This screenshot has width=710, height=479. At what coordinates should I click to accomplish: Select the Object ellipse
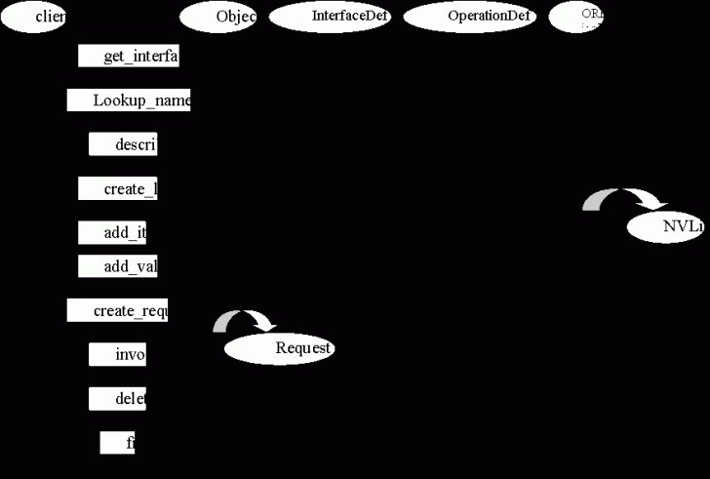[218, 17]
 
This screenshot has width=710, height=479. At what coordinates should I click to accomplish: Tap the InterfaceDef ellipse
[330, 17]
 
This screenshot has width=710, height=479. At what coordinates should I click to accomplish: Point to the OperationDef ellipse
[469, 17]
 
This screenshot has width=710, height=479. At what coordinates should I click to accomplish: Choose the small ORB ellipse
[576, 17]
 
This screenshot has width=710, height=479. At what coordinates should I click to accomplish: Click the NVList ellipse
[665, 226]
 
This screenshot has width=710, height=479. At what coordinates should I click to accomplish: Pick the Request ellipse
[280, 348]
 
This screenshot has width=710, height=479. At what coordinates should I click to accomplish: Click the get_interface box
[129, 57]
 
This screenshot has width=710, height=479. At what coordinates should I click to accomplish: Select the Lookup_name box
[129, 100]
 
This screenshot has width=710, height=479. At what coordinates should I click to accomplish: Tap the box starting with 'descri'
[123, 145]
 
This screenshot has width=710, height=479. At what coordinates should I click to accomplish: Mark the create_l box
[118, 188]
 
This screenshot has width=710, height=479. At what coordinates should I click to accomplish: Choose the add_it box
[112, 233]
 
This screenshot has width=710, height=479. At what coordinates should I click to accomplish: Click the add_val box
[118, 266]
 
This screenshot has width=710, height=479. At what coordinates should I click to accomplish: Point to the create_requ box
[118, 310]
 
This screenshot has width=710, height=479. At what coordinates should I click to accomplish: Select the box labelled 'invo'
[118, 354]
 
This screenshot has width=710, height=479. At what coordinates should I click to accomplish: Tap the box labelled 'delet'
[118, 398]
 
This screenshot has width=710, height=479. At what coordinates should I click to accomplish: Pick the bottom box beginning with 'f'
[117, 442]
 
